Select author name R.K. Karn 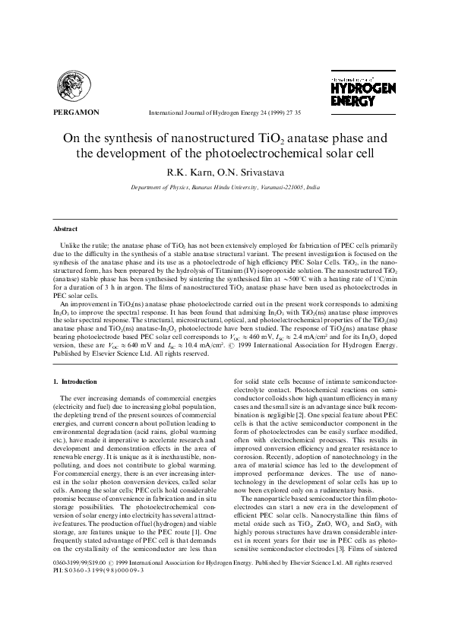coord(189,171)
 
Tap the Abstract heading coord(65,229)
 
